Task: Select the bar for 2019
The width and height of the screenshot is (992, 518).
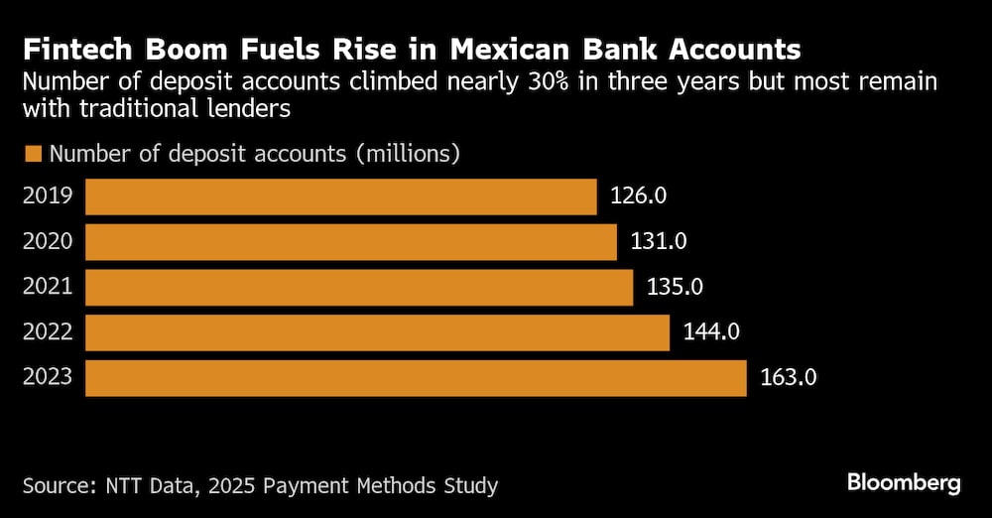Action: point(340,196)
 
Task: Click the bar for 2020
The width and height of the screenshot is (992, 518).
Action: point(351,242)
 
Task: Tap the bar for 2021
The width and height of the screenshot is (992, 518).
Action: point(359,288)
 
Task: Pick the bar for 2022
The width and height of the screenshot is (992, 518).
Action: point(377,332)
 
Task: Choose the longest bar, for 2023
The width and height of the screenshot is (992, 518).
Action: point(416,378)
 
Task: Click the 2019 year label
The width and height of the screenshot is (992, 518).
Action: point(48,196)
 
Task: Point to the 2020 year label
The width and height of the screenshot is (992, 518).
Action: point(48,242)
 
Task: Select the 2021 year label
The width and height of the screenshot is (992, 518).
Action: point(48,288)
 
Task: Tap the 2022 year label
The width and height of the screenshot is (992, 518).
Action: point(48,332)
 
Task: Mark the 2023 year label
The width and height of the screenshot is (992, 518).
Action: point(48,378)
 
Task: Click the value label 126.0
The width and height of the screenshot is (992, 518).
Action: point(639,196)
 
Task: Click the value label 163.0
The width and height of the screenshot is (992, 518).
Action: point(789,378)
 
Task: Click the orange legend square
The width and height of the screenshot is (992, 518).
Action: point(33,154)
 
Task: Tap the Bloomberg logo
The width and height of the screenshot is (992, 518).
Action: point(904,483)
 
